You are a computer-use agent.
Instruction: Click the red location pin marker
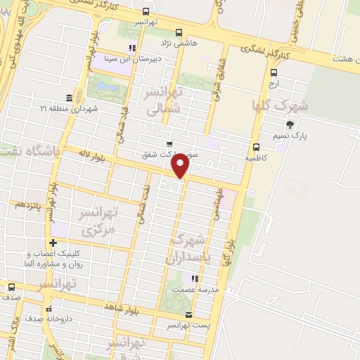click(x=181, y=165)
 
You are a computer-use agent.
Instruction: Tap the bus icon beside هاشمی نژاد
click(x=179, y=32)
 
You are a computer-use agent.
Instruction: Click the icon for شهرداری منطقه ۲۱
click(x=69, y=97)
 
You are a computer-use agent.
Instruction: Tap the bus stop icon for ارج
click(x=274, y=72)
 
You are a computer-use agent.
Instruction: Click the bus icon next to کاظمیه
click(x=256, y=148)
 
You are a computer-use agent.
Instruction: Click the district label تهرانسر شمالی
click(x=162, y=101)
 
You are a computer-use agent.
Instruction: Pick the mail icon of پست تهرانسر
click(x=188, y=314)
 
